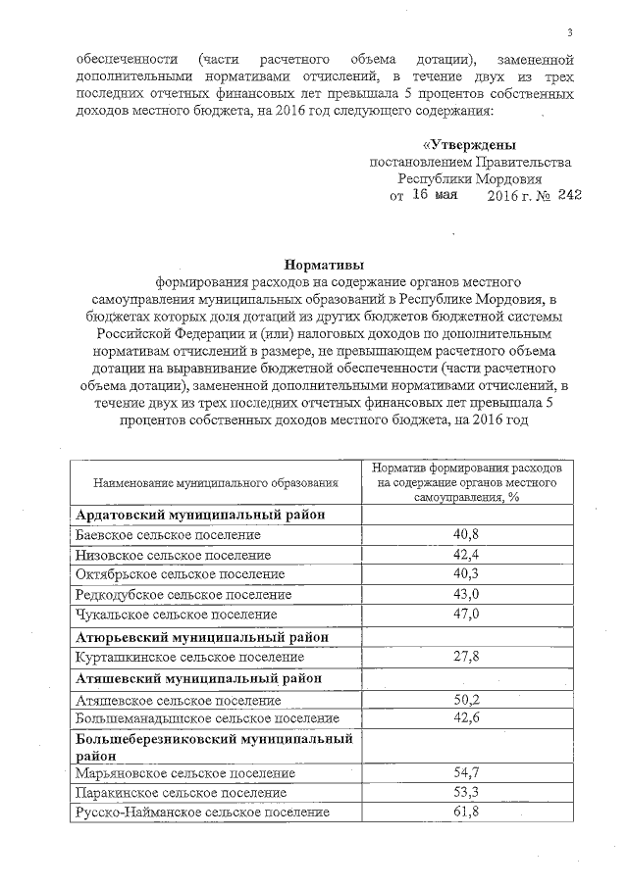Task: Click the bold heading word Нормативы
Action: (324, 264)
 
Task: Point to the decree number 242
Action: (569, 195)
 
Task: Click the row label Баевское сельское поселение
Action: (168, 535)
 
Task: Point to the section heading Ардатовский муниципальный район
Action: (200, 515)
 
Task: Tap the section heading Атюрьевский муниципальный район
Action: (201, 636)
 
